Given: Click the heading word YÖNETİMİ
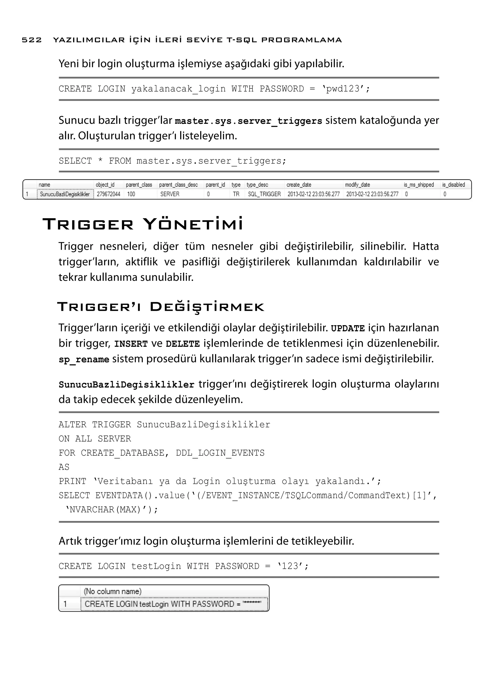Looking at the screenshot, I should point(193,224).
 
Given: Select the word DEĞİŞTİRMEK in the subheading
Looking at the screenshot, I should point(207,307).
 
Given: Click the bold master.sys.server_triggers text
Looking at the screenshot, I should point(248,121).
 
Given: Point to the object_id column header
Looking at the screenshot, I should point(105,185).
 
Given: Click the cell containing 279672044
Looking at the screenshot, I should point(108,194).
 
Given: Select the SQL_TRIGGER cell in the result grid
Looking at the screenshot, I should point(264,194).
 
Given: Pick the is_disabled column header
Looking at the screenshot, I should point(453,185).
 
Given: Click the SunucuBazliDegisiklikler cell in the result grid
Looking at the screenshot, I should point(65,194).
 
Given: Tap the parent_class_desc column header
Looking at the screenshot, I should point(178,185).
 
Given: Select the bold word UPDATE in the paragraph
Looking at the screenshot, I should point(348,328).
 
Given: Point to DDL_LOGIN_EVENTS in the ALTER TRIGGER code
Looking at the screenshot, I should point(220,453).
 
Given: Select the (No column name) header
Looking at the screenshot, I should point(112,591).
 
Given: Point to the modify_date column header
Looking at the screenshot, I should point(357,185).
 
